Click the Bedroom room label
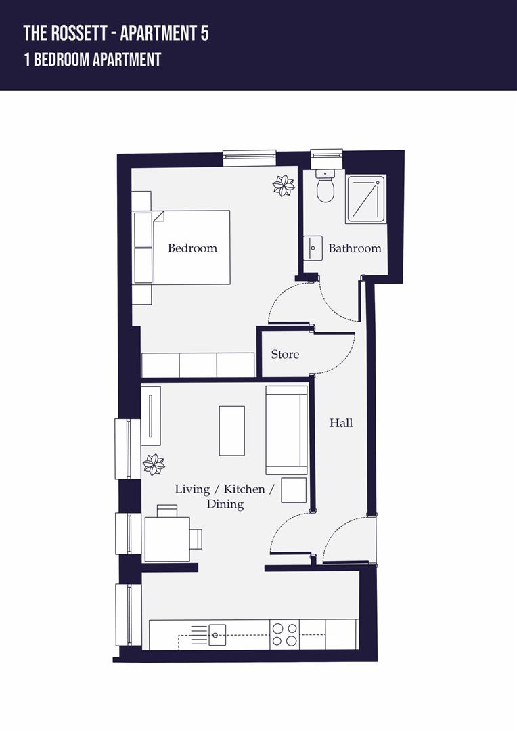tap(192, 248)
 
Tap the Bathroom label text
tap(355, 248)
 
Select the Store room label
tap(285, 354)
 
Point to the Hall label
tap(341, 423)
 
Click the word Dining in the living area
tap(225, 504)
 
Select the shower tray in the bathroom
tap(366, 199)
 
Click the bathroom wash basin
tap(313, 248)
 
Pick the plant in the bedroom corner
tap(284, 185)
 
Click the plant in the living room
tap(154, 464)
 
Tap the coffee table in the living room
tap(231, 430)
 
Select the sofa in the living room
tap(286, 430)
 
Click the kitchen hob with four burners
tap(284, 634)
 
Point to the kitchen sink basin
tap(217, 634)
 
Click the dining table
tap(167, 539)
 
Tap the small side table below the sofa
tap(294, 489)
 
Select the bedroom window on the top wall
tap(250, 157)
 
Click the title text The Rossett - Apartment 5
tap(116, 33)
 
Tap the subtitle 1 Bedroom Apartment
tap(92, 60)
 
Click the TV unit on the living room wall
tap(150, 416)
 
